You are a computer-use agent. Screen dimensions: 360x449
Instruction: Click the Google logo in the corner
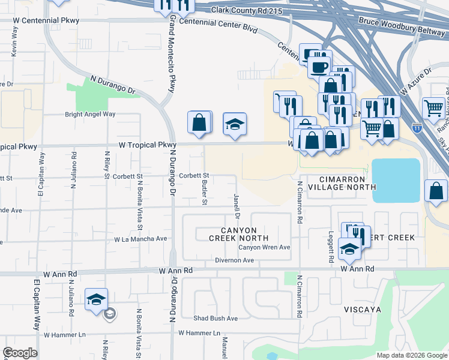coord(20,353)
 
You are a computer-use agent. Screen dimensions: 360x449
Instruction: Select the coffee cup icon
coord(319,67)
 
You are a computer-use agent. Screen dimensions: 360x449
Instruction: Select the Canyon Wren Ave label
coord(264,247)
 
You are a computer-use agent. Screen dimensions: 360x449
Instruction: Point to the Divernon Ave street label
coord(235,260)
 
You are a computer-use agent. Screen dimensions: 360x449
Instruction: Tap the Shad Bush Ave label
coord(215,318)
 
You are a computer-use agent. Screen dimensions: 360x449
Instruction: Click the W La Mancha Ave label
coord(140,239)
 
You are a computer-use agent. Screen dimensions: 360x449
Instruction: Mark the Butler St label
coord(205,192)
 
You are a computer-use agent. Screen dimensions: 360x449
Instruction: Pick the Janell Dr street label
coord(237,206)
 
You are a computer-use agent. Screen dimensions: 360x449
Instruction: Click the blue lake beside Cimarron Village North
coord(396,180)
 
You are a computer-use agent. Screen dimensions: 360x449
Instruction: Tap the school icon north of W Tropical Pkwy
coord(235,125)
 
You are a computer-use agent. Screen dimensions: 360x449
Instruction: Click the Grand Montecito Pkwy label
coord(172,54)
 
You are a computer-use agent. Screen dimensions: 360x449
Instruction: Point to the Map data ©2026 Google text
coord(411,355)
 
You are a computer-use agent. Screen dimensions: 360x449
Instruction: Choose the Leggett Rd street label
coord(331,248)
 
